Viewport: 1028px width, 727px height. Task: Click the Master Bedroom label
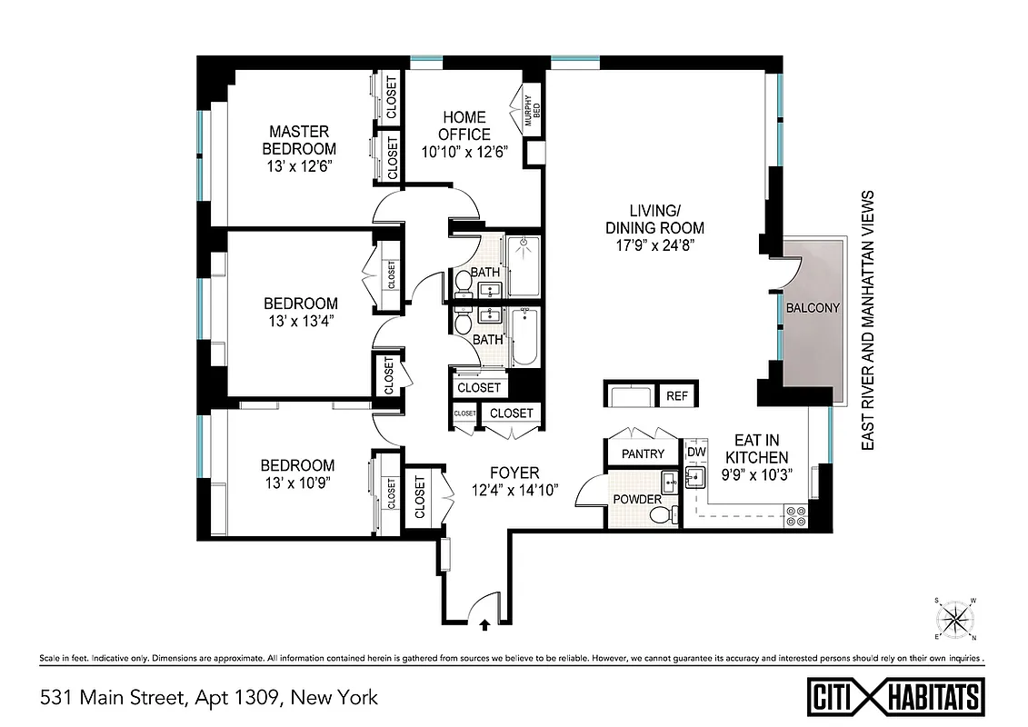click(x=299, y=140)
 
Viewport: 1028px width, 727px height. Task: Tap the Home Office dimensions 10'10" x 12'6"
click(x=464, y=151)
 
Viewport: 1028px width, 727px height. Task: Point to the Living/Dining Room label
click(x=654, y=220)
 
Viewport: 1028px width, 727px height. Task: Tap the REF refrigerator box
click(x=676, y=396)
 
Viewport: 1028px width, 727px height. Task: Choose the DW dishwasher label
click(x=696, y=453)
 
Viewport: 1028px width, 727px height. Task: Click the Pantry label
click(x=643, y=453)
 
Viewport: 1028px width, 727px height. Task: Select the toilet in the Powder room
click(x=662, y=514)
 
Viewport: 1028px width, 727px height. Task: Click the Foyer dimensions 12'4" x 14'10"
click(x=514, y=489)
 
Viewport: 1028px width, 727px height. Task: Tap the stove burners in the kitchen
click(x=795, y=515)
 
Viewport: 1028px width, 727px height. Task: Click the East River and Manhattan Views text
click(x=868, y=320)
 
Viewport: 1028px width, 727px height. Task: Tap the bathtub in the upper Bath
click(x=524, y=265)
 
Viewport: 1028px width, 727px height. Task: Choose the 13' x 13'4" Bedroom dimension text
click(x=301, y=320)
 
